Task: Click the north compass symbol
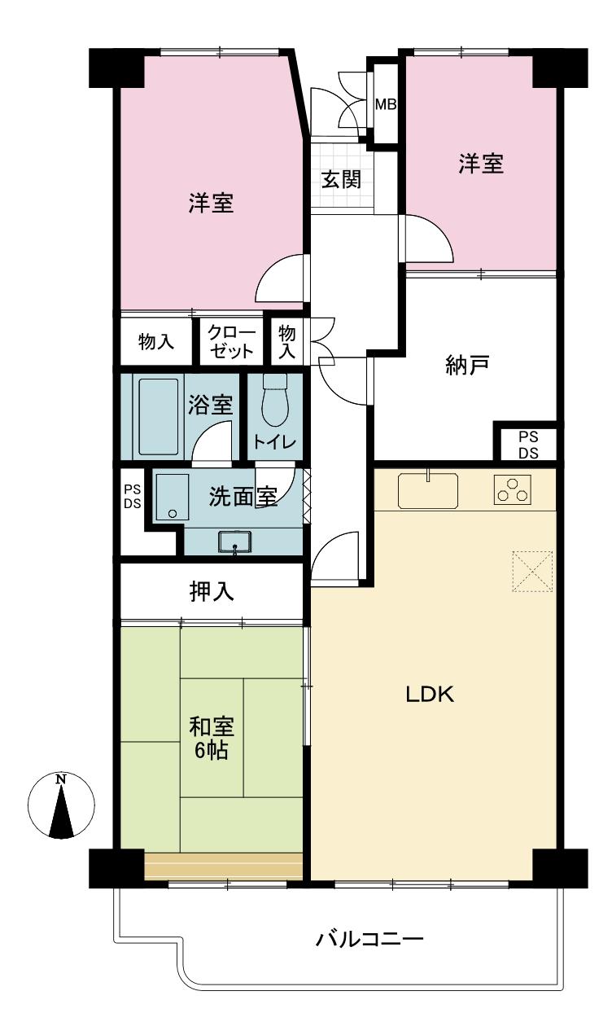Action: tap(61, 805)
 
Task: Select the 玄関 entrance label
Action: tap(341, 179)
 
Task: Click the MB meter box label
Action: tap(385, 105)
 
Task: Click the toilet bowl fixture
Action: tap(276, 400)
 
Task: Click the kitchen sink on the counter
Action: tap(427, 490)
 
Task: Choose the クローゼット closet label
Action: tap(231, 342)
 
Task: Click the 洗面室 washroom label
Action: tap(243, 497)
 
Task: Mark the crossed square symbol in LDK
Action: tap(532, 571)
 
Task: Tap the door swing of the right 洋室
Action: tap(426, 237)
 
